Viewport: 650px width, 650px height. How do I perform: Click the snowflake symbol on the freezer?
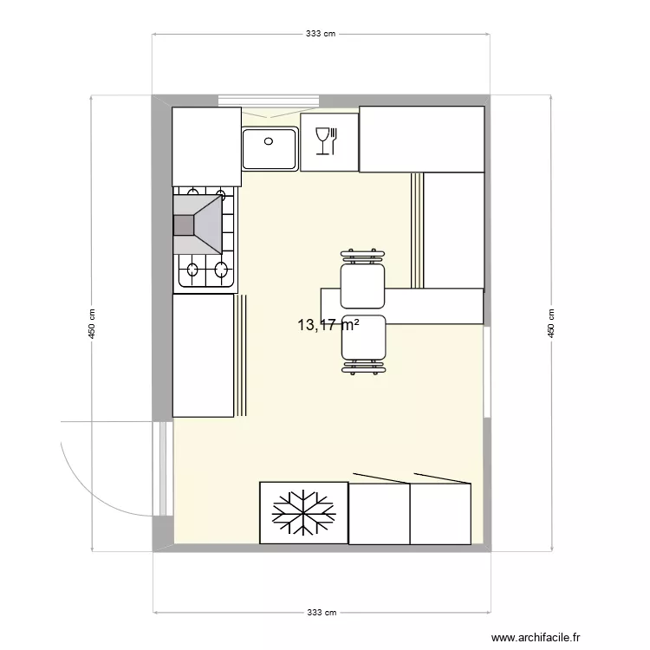point(303,513)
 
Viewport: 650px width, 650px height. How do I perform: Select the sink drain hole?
point(269,140)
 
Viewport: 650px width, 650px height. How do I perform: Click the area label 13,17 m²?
point(328,326)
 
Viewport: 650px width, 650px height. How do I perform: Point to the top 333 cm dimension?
point(321,34)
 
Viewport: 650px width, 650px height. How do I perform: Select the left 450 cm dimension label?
point(91,324)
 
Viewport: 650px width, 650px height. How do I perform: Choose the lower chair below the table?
point(362,340)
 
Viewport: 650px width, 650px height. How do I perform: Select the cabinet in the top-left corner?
point(206,146)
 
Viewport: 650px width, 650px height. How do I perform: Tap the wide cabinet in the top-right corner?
point(421,139)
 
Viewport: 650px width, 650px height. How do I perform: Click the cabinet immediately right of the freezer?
point(379,514)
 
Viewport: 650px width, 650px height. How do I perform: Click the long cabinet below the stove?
point(204,355)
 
